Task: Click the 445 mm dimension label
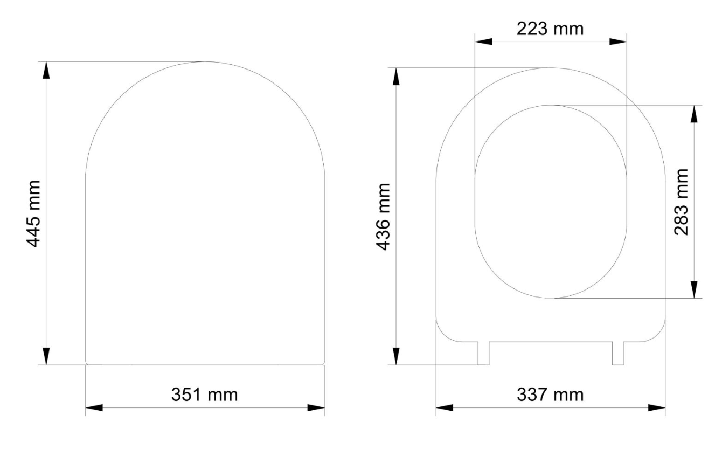34,214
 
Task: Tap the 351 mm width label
205,395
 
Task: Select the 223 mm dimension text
550,29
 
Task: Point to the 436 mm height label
384,217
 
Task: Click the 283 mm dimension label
682,202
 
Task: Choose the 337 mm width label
550,395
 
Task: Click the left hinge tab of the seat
483,354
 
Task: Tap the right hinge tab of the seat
618,354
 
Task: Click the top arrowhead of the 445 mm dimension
46,70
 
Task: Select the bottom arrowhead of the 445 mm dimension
46,356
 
